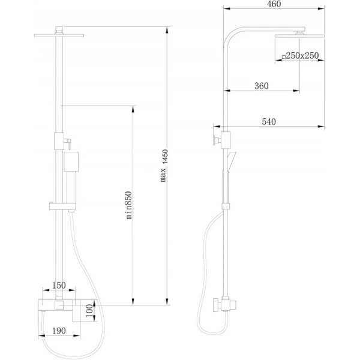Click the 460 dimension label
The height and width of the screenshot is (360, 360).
pyautogui.click(x=274, y=4)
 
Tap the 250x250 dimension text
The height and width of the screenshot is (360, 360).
pyautogui.click(x=302, y=56)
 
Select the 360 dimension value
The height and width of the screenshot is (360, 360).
pyautogui.click(x=262, y=86)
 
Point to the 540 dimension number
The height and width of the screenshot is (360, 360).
pyautogui.click(x=269, y=121)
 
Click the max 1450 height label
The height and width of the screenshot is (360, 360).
pyautogui.click(x=164, y=166)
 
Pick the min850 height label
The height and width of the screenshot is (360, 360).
pyautogui.click(x=129, y=205)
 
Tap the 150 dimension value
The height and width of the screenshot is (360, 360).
pyautogui.click(x=59, y=286)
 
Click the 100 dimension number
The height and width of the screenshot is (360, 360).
pyautogui.click(x=90, y=311)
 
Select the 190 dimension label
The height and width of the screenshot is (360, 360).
pyautogui.click(x=59, y=331)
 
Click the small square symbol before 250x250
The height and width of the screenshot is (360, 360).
pyautogui.click(x=284, y=57)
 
